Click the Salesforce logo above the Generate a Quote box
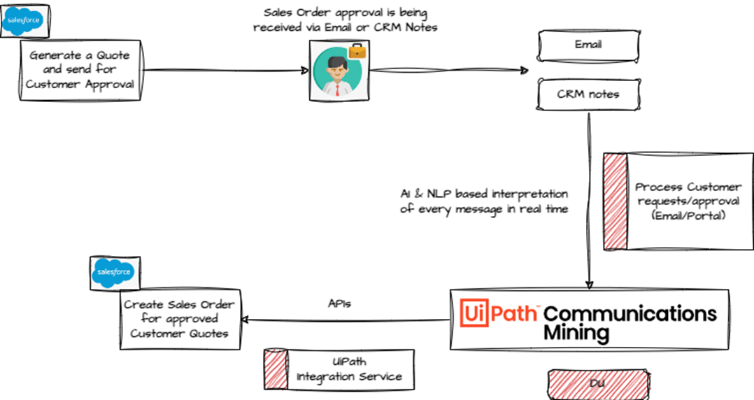coord(23,22)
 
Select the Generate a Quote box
coord(79,70)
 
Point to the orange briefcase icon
coord(357,50)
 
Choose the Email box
coord(588,45)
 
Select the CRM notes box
coord(588,94)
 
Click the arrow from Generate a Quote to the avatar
coord(224,70)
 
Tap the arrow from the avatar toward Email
coord(448,70)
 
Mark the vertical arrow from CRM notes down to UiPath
coord(589,203)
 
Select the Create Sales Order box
coord(179,319)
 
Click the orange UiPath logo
coord(499,313)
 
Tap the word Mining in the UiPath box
coord(576,331)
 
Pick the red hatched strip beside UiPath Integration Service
coord(275,368)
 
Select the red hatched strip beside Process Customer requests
coord(615,201)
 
